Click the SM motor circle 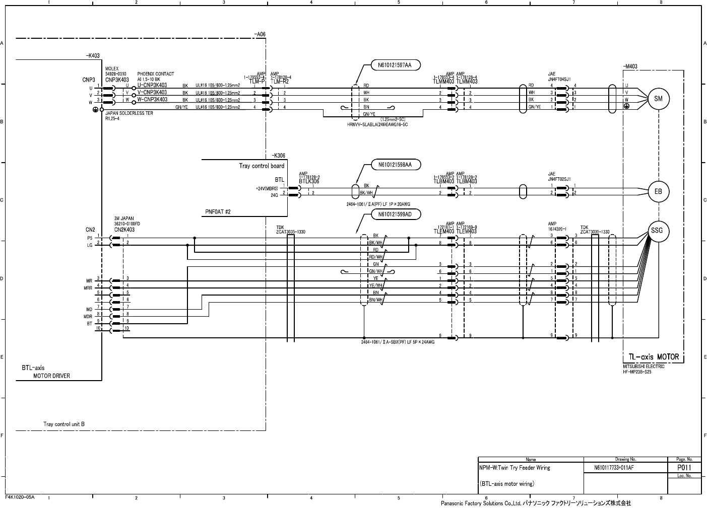[658, 99]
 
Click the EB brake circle [658, 192]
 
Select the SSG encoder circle [657, 231]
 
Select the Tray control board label [261, 166]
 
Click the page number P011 [684, 467]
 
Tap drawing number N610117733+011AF [614, 468]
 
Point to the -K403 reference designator [92, 56]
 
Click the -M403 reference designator [630, 66]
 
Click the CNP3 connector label [89, 80]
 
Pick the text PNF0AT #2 [218, 212]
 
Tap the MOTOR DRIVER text [51, 376]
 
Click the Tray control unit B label [63, 424]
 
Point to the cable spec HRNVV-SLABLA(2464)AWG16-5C [374, 124]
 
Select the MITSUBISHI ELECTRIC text [644, 367]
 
